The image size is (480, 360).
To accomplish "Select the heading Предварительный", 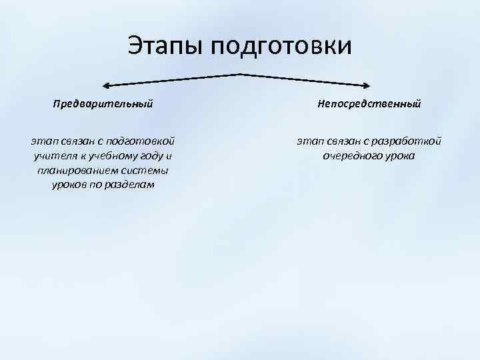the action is [x=103, y=104].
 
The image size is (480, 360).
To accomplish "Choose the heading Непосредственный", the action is [x=369, y=104].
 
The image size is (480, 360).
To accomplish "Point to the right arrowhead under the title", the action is [x=367, y=85].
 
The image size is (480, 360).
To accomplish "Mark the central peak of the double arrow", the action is [x=239, y=73].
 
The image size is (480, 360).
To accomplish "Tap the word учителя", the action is [x=54, y=156].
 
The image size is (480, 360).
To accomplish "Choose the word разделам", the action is [x=129, y=185].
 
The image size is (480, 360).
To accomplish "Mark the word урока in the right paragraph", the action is [x=400, y=156].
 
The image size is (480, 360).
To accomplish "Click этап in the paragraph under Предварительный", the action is [x=43, y=141].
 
